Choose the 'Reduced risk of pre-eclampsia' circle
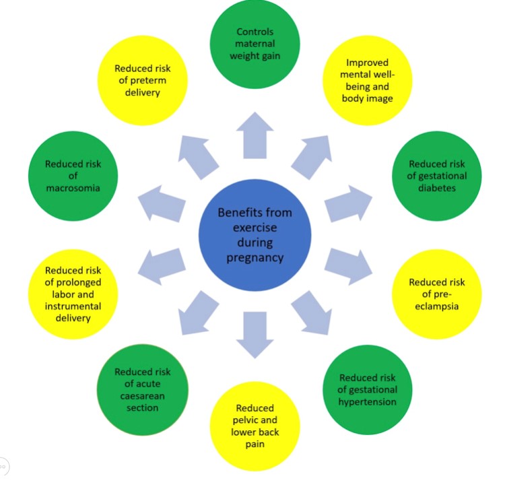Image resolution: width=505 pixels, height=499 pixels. pos(437,294)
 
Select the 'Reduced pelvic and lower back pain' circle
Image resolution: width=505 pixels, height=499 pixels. pos(255,426)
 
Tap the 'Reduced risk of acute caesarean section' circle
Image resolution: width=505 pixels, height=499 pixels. pos(142,389)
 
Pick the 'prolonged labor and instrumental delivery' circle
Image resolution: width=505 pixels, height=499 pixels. pos(73,294)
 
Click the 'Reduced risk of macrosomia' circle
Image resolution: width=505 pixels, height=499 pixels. pos(73,176)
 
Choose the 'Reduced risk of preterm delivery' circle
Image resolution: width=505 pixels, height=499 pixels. pos(142,81)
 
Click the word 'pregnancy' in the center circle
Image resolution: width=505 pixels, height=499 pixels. pos(255,257)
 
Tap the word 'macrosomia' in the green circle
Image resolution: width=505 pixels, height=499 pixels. pos(73,188)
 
